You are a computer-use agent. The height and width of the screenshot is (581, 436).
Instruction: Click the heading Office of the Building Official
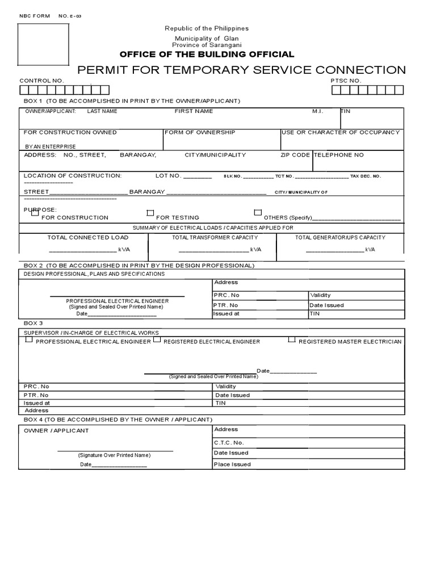click(x=207, y=54)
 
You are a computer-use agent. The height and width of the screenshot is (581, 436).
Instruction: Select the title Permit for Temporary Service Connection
click(x=241, y=70)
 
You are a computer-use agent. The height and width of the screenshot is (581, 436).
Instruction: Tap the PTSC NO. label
click(x=346, y=81)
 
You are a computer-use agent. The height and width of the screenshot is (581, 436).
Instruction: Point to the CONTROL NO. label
click(x=42, y=81)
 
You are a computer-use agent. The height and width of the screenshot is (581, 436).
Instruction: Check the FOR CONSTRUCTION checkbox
click(x=35, y=213)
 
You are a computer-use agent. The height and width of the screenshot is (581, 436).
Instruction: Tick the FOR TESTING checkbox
click(x=150, y=213)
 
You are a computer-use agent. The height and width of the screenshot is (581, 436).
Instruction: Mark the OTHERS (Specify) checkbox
click(x=258, y=213)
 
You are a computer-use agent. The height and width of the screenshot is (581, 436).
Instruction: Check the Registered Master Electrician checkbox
click(x=292, y=340)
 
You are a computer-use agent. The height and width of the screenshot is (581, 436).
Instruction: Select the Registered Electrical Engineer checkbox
click(x=158, y=340)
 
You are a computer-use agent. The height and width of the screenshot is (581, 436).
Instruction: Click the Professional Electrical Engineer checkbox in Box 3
click(x=28, y=340)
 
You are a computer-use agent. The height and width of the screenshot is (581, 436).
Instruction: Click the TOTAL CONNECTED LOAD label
click(x=80, y=238)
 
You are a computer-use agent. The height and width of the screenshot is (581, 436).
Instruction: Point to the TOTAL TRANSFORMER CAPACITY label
click(x=215, y=238)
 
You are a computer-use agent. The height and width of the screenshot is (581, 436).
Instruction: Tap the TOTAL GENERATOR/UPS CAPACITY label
click(x=340, y=238)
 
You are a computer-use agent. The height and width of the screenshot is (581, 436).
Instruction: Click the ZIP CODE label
click(x=295, y=155)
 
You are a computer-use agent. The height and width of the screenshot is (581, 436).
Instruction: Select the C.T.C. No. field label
click(x=229, y=442)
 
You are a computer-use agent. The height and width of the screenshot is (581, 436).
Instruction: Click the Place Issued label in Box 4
click(x=232, y=464)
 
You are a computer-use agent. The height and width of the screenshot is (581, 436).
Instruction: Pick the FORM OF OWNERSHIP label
click(x=200, y=132)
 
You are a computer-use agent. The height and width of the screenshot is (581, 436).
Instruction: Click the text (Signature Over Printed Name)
click(x=114, y=455)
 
